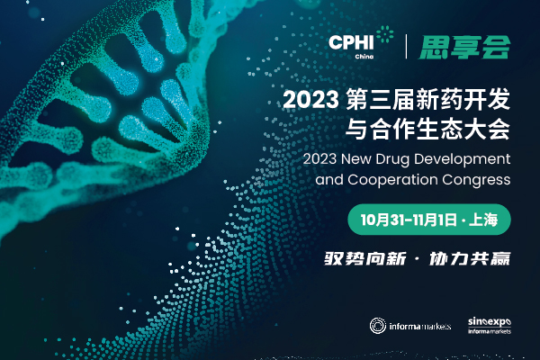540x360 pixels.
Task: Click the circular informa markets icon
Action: click(x=379, y=325)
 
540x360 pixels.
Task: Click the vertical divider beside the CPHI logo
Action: click(x=408, y=45)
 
